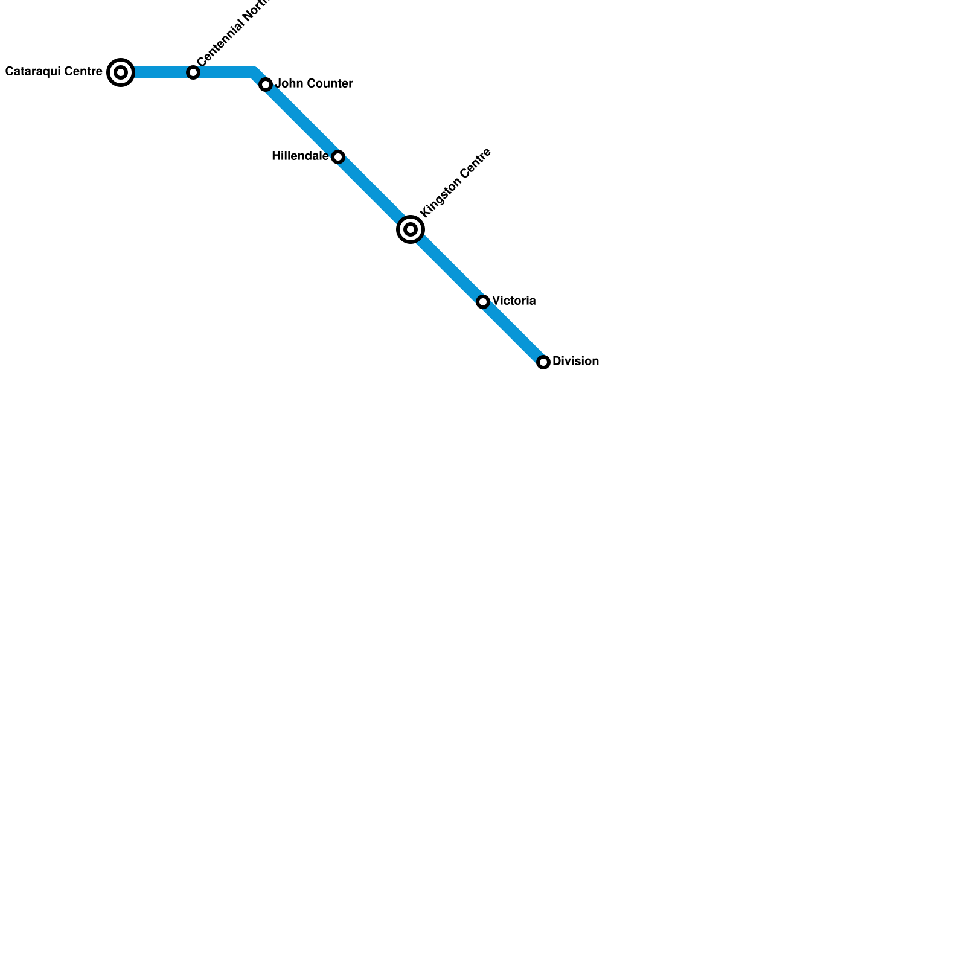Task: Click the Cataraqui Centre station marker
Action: click(x=121, y=72)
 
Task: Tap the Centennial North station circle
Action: click(x=193, y=72)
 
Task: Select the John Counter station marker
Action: click(x=266, y=85)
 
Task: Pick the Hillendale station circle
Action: click(x=338, y=157)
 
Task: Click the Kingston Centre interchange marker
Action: click(x=411, y=229)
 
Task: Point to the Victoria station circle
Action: click(x=483, y=302)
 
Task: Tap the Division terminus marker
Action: click(x=543, y=362)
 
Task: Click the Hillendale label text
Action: click(x=299, y=156)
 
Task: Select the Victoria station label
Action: click(x=514, y=301)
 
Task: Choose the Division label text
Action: click(x=575, y=361)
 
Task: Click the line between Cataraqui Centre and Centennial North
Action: click(x=157, y=72)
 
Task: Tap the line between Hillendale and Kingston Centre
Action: click(x=374, y=193)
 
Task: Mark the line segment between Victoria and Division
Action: click(x=513, y=332)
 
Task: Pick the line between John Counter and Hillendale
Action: click(x=302, y=121)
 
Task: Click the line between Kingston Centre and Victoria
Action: click(x=447, y=266)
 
